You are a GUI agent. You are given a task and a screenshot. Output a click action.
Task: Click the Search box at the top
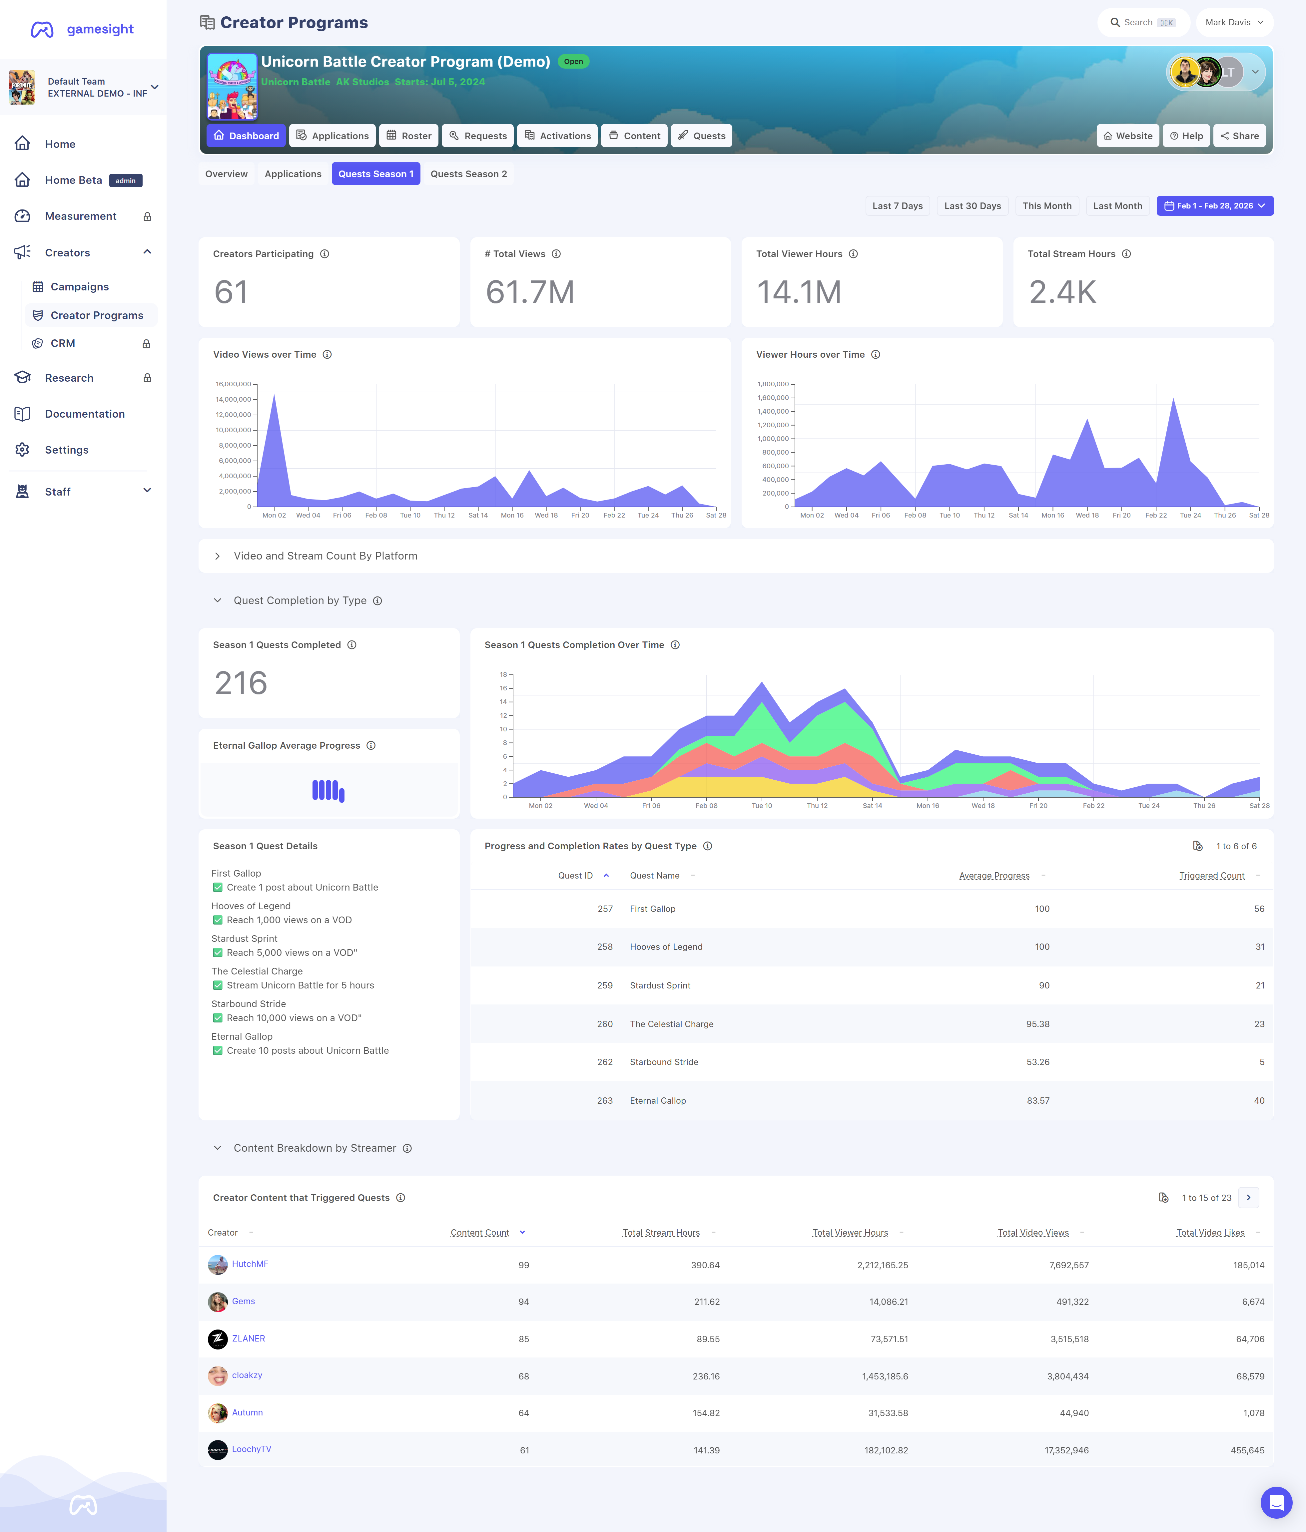click(1142, 22)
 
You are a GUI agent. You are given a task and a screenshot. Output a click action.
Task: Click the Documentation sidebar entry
click(84, 414)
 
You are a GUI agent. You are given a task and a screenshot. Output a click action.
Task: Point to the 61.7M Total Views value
click(529, 292)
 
